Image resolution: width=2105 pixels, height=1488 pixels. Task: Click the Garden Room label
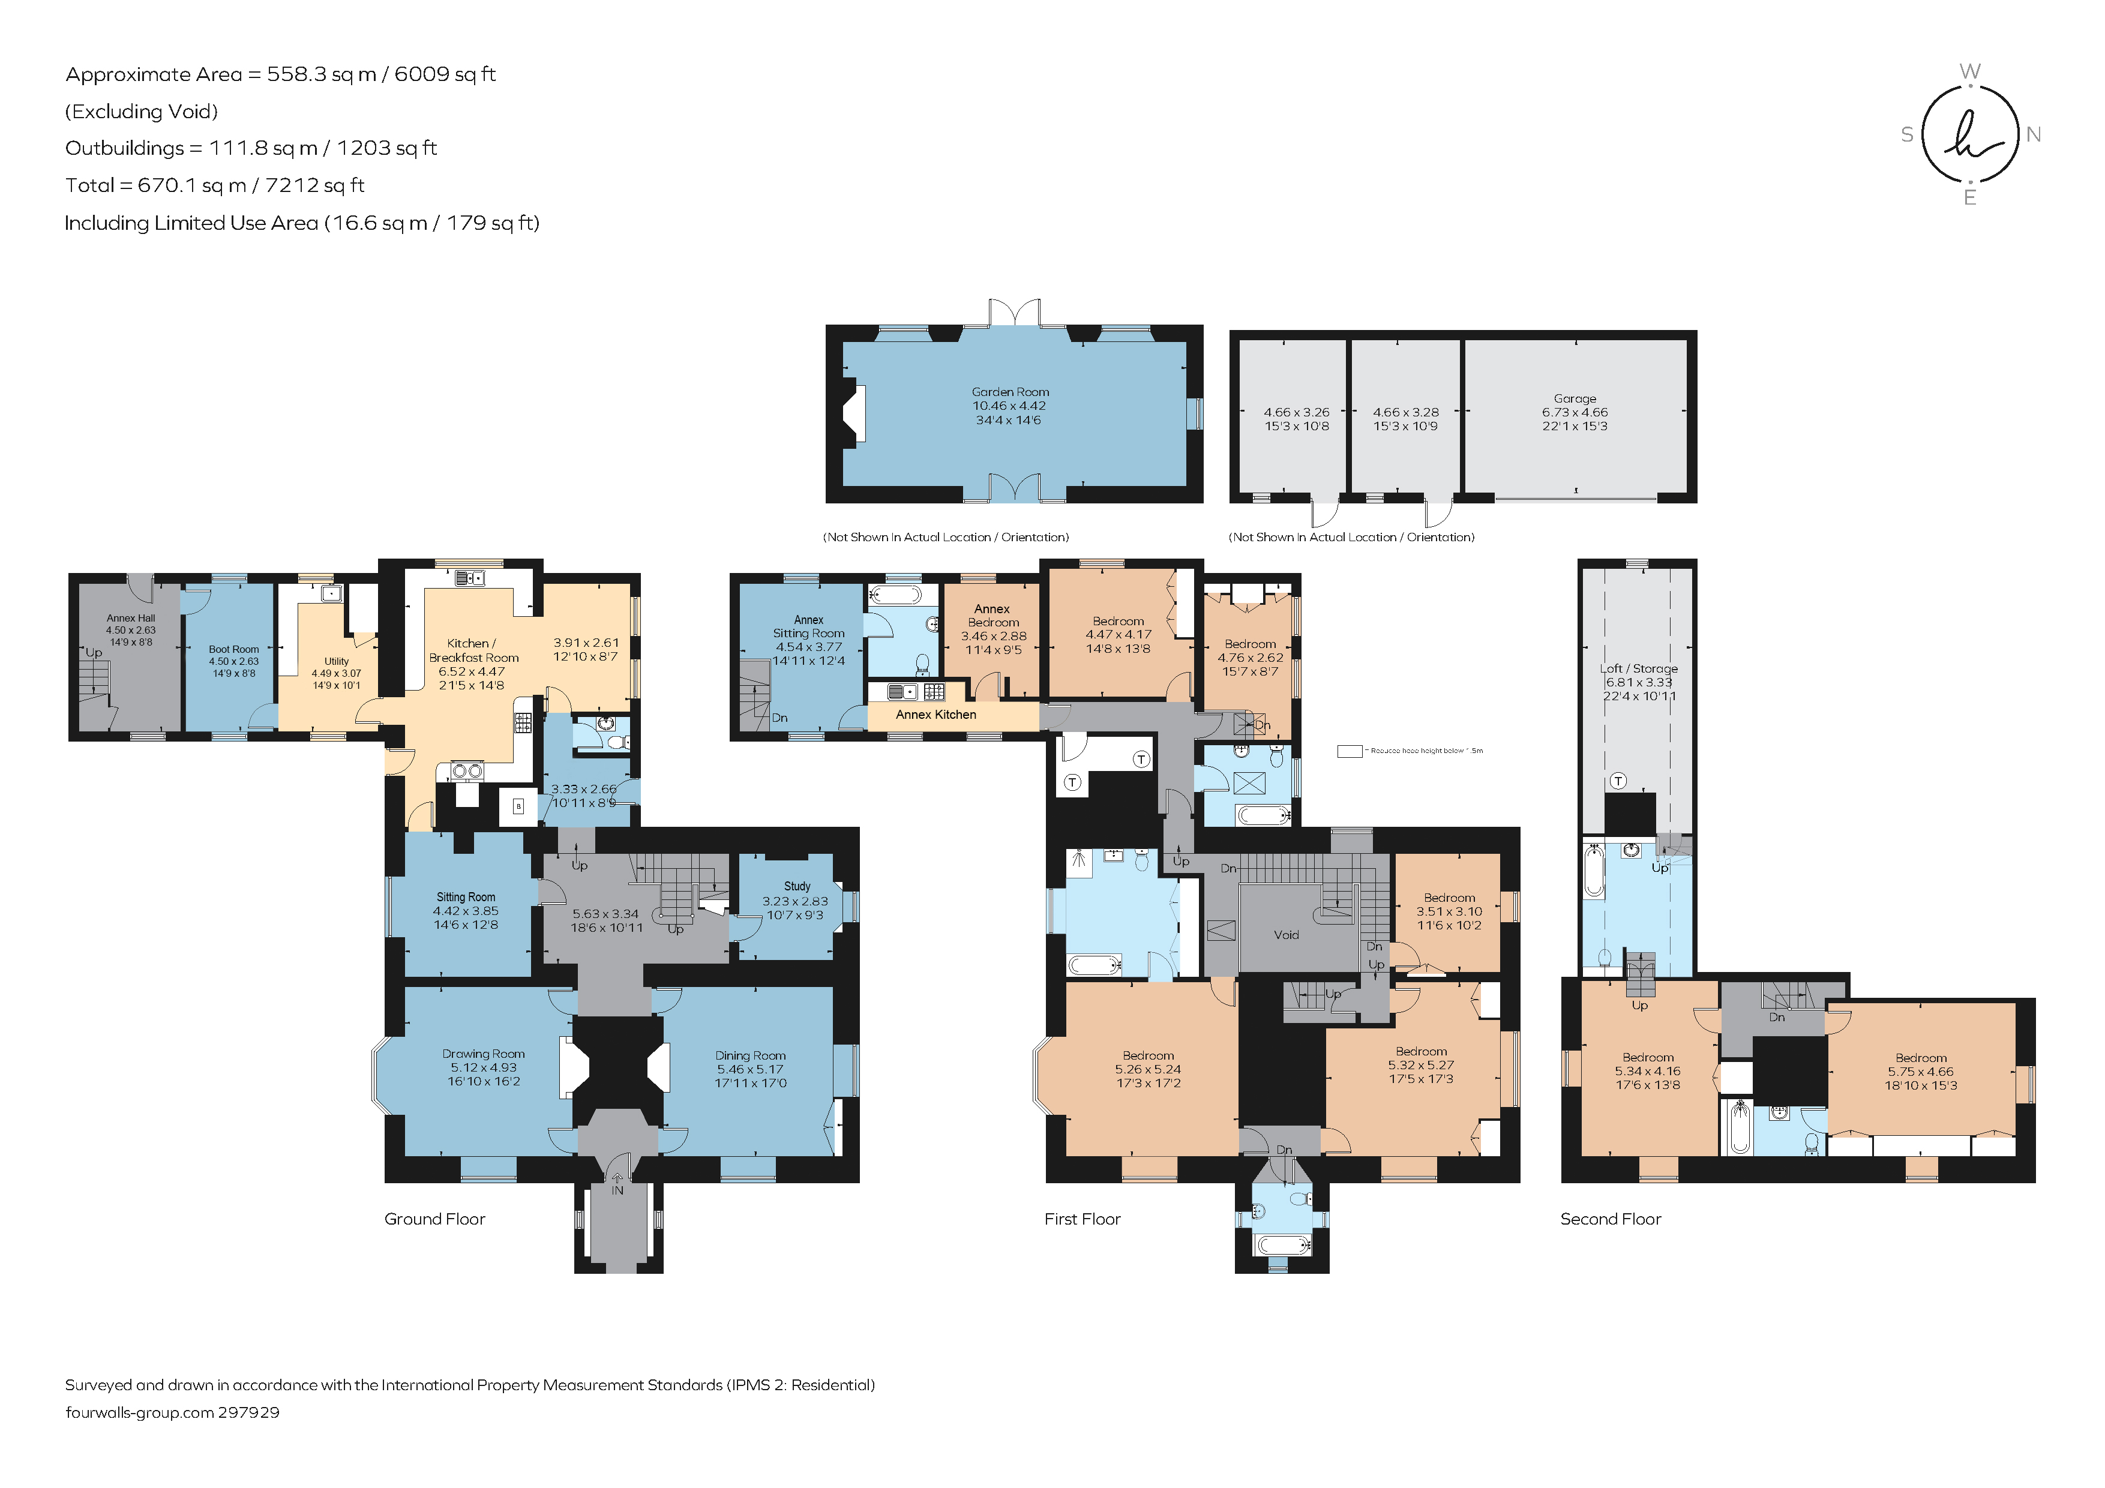tap(1010, 391)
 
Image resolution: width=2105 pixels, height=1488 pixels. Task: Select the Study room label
tap(797, 886)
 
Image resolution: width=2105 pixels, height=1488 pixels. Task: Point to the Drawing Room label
tap(483, 1054)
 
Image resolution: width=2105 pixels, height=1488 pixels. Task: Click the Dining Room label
tap(750, 1055)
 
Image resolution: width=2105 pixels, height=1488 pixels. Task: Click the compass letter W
tap(1969, 71)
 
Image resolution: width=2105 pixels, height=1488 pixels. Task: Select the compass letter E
tap(1969, 197)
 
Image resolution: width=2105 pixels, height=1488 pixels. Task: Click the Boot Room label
tap(234, 649)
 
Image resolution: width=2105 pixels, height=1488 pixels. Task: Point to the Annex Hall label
tap(131, 618)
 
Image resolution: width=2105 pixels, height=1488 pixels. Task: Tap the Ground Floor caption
tap(434, 1219)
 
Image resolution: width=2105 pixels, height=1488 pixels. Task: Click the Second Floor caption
tap(1610, 1219)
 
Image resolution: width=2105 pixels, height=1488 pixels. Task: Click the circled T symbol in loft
tap(1618, 780)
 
